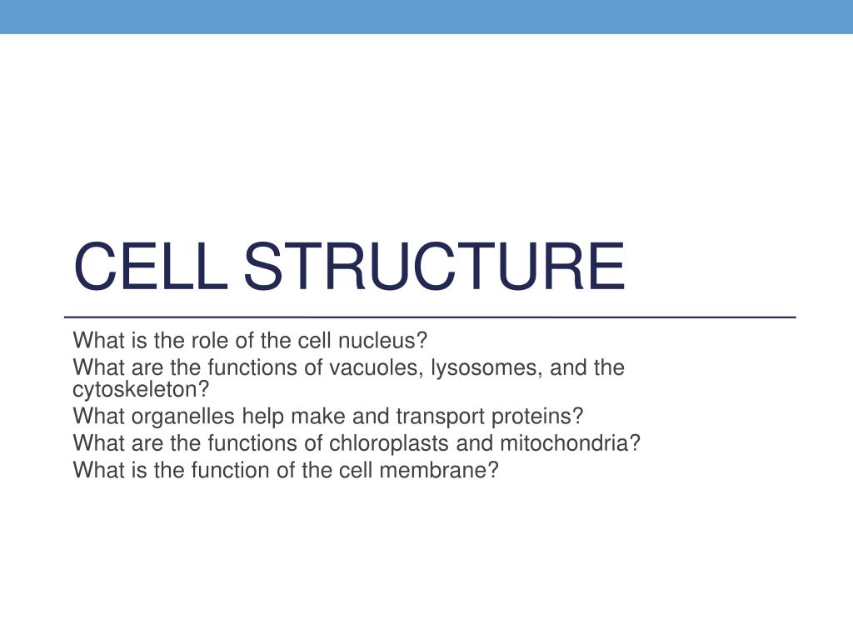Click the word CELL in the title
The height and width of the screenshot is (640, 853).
[151, 267]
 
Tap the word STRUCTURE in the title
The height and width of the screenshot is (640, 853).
[433, 267]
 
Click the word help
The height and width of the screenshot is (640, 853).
[259, 417]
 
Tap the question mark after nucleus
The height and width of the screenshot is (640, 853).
[422, 341]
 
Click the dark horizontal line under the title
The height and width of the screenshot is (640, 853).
[430, 317]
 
